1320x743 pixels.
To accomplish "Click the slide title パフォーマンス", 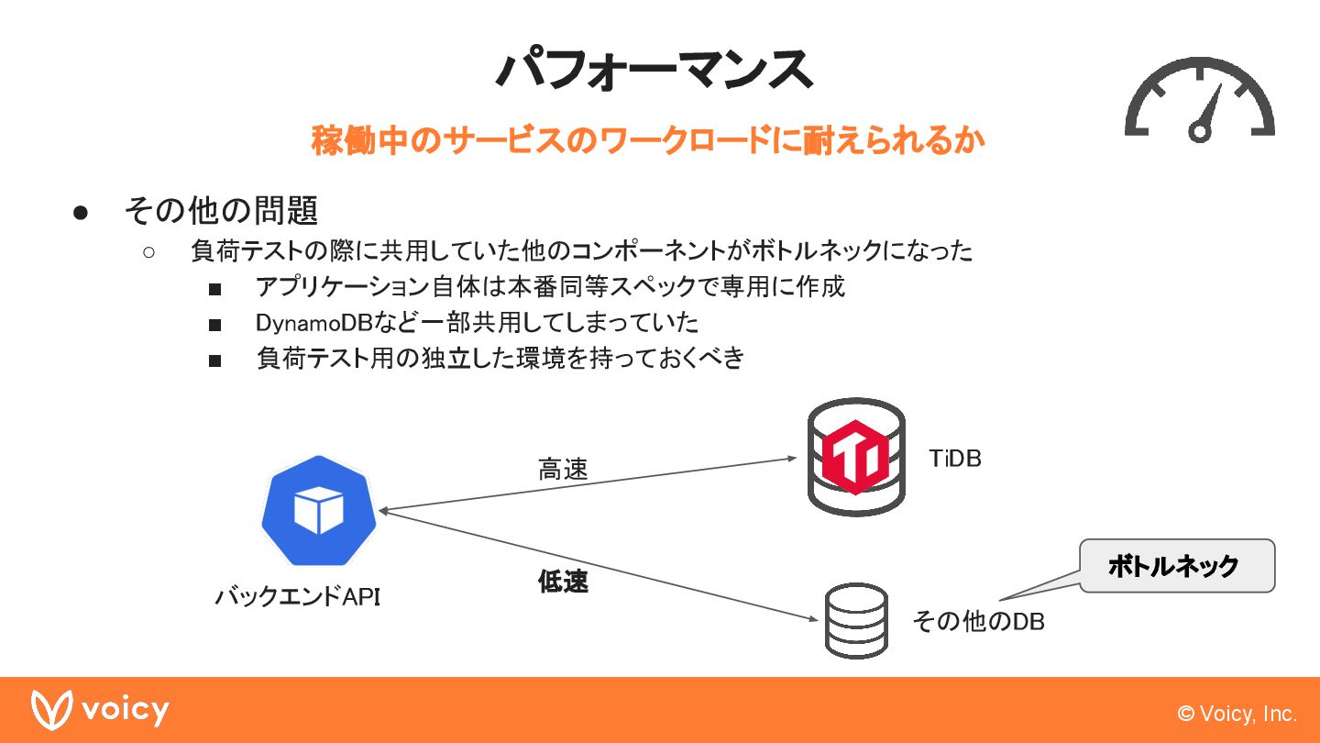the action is pyautogui.click(x=654, y=69).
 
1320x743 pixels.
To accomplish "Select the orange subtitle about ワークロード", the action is pyautogui.click(x=648, y=140).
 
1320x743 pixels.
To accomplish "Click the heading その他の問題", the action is pyautogui.click(x=221, y=211).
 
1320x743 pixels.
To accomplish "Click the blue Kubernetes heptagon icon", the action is pyautogui.click(x=318, y=510).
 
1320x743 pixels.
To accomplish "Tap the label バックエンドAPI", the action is pyautogui.click(x=298, y=597).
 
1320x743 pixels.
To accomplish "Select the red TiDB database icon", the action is pyautogui.click(x=855, y=457).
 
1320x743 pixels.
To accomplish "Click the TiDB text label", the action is pyautogui.click(x=955, y=459).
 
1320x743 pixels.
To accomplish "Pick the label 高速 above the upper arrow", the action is pyautogui.click(x=563, y=470).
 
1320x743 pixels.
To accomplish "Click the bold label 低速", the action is pyautogui.click(x=563, y=582).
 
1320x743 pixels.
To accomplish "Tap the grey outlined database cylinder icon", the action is pyautogui.click(x=856, y=620).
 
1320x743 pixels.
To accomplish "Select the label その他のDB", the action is pyautogui.click(x=978, y=621).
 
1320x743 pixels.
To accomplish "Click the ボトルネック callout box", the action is pyautogui.click(x=1176, y=566).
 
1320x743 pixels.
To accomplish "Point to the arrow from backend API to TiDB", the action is pyautogui.click(x=587, y=484).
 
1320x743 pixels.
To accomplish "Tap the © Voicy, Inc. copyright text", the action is pyautogui.click(x=1237, y=714).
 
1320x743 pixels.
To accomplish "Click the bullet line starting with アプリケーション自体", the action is pyautogui.click(x=550, y=286).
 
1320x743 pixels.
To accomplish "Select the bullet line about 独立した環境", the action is pyautogui.click(x=500, y=359).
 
